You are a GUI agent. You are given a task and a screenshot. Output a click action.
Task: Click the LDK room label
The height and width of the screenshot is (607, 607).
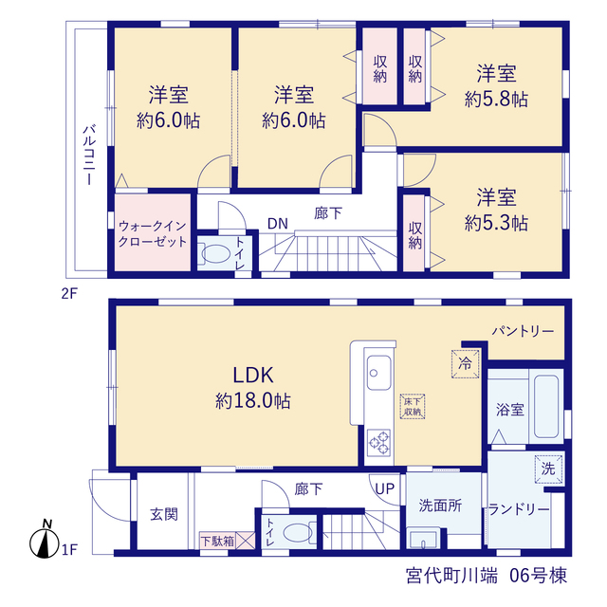coord(253,376)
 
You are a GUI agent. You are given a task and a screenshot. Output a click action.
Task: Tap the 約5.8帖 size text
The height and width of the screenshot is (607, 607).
coord(496,100)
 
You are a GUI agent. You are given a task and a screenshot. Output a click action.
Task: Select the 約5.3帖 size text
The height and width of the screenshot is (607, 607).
coord(496,224)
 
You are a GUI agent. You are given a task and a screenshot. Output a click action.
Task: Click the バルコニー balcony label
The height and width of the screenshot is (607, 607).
coord(89,155)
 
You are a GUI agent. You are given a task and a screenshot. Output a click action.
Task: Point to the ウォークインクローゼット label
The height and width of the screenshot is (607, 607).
coord(153,233)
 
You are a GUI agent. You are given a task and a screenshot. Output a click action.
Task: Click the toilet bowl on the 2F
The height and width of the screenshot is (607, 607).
coord(215,253)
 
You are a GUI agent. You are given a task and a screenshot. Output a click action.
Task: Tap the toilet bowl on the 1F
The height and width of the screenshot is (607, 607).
coord(298,533)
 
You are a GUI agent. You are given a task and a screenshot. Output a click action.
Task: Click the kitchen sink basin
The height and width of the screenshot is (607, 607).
coord(378,373)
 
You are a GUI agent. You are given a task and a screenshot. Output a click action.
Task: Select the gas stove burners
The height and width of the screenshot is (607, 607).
coord(378,443)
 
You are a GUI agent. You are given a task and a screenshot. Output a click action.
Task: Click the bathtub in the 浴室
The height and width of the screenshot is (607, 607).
coord(546,407)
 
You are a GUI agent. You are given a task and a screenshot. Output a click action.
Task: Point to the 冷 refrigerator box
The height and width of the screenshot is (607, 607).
coord(466,363)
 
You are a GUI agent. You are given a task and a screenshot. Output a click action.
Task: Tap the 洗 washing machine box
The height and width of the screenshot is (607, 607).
coord(548,469)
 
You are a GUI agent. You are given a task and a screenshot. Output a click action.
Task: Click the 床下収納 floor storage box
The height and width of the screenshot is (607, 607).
coord(413,407)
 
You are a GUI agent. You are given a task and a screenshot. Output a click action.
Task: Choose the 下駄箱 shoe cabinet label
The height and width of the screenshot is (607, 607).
coord(217,541)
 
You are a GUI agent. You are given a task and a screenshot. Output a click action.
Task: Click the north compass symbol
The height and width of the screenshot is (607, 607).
coord(45,541)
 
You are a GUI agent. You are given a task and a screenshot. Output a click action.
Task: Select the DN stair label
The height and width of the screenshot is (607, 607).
coord(278,224)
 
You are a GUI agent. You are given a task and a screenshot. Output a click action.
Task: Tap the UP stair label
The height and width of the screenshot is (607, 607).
coord(385,489)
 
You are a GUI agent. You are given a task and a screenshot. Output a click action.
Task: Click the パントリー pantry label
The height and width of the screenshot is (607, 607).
coord(523,331)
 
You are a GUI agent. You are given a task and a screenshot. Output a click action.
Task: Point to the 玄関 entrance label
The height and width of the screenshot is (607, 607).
coord(164,514)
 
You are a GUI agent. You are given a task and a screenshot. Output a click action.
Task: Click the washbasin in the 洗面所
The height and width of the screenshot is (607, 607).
coord(424,539)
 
